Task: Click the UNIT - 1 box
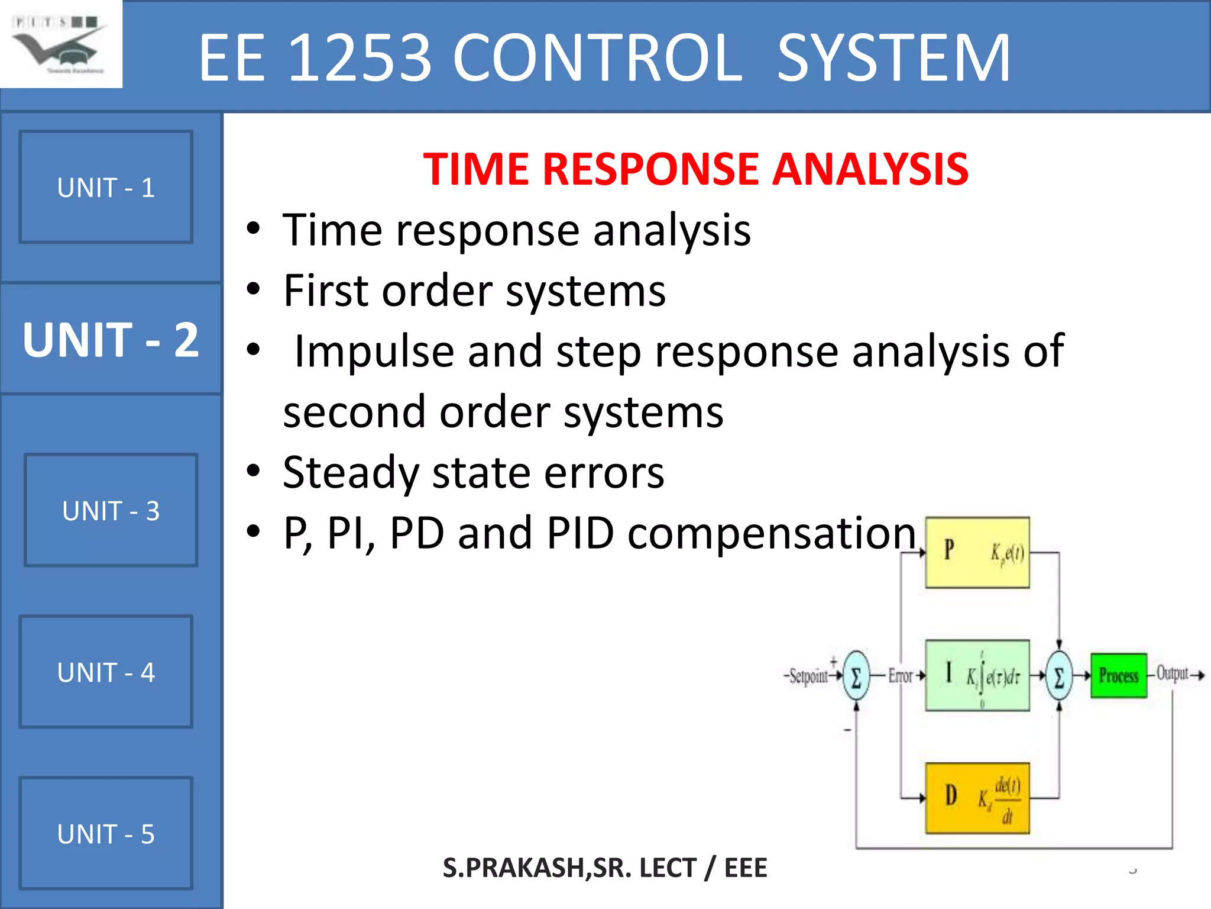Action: [106, 187]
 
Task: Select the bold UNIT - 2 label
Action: [111, 340]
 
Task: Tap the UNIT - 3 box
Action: [111, 510]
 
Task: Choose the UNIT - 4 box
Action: [106, 672]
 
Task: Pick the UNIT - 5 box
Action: [106, 833]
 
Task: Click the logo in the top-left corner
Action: [60, 44]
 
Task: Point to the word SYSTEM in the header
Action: [893, 57]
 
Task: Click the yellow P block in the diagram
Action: [977, 552]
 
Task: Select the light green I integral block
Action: [977, 675]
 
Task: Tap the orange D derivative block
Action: [977, 798]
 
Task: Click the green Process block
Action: [1118, 675]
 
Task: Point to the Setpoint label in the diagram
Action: [808, 676]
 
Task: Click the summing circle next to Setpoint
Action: [856, 676]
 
